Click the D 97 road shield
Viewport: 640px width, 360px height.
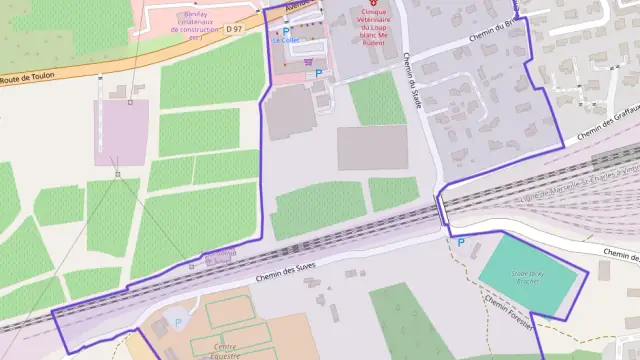234,30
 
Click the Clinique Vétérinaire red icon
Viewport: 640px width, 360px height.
375,5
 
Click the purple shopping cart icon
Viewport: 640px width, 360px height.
306,59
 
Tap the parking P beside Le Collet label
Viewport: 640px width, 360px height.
287,32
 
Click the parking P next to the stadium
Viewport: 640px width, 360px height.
461,242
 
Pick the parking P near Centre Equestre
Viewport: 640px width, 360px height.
178,322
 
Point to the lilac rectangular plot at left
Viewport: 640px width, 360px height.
121,132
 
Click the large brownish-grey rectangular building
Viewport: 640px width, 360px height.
372,147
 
